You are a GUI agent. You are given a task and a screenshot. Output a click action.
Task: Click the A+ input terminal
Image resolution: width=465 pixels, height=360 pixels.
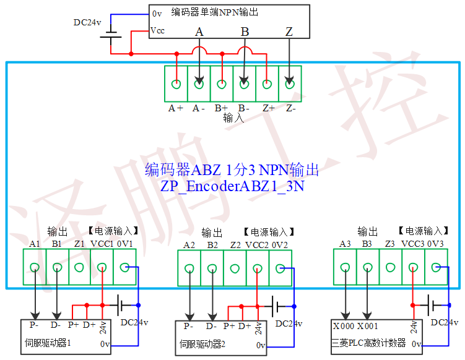click(x=176, y=84)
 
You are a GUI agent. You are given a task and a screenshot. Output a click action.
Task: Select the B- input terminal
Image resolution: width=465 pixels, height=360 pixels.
click(x=244, y=84)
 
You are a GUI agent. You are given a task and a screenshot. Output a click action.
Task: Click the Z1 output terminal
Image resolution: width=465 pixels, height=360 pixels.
click(x=79, y=268)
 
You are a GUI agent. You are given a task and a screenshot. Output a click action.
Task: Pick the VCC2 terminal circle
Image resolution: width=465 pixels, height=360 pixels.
click(x=257, y=268)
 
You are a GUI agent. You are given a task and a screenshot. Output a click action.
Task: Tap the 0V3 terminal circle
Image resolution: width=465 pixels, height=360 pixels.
click(x=436, y=268)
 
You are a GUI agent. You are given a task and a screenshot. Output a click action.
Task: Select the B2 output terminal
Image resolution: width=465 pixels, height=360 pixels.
click(x=212, y=268)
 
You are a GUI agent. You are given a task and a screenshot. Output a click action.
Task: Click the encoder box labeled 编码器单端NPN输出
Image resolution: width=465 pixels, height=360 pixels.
click(x=229, y=22)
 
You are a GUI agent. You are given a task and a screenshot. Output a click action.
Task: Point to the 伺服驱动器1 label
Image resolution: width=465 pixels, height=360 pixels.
click(x=48, y=342)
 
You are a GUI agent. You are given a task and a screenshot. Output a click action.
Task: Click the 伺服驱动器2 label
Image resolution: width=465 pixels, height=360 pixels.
click(x=203, y=343)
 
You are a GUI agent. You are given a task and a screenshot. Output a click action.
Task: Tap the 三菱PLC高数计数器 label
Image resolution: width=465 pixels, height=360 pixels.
click(x=370, y=343)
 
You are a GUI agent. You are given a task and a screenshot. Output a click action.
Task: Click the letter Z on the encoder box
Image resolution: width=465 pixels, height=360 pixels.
click(x=289, y=32)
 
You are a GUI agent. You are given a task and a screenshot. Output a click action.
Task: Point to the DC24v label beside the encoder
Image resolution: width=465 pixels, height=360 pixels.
click(x=87, y=22)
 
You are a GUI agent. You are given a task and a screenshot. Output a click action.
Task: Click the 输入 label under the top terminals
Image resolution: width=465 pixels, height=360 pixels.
click(x=233, y=118)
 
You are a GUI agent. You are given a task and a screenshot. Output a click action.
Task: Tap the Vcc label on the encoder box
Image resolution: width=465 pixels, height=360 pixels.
click(x=157, y=31)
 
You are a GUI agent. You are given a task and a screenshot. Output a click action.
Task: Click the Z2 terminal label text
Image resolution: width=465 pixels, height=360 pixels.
click(x=235, y=246)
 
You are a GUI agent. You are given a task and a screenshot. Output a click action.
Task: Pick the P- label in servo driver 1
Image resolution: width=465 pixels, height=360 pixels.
click(x=35, y=324)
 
